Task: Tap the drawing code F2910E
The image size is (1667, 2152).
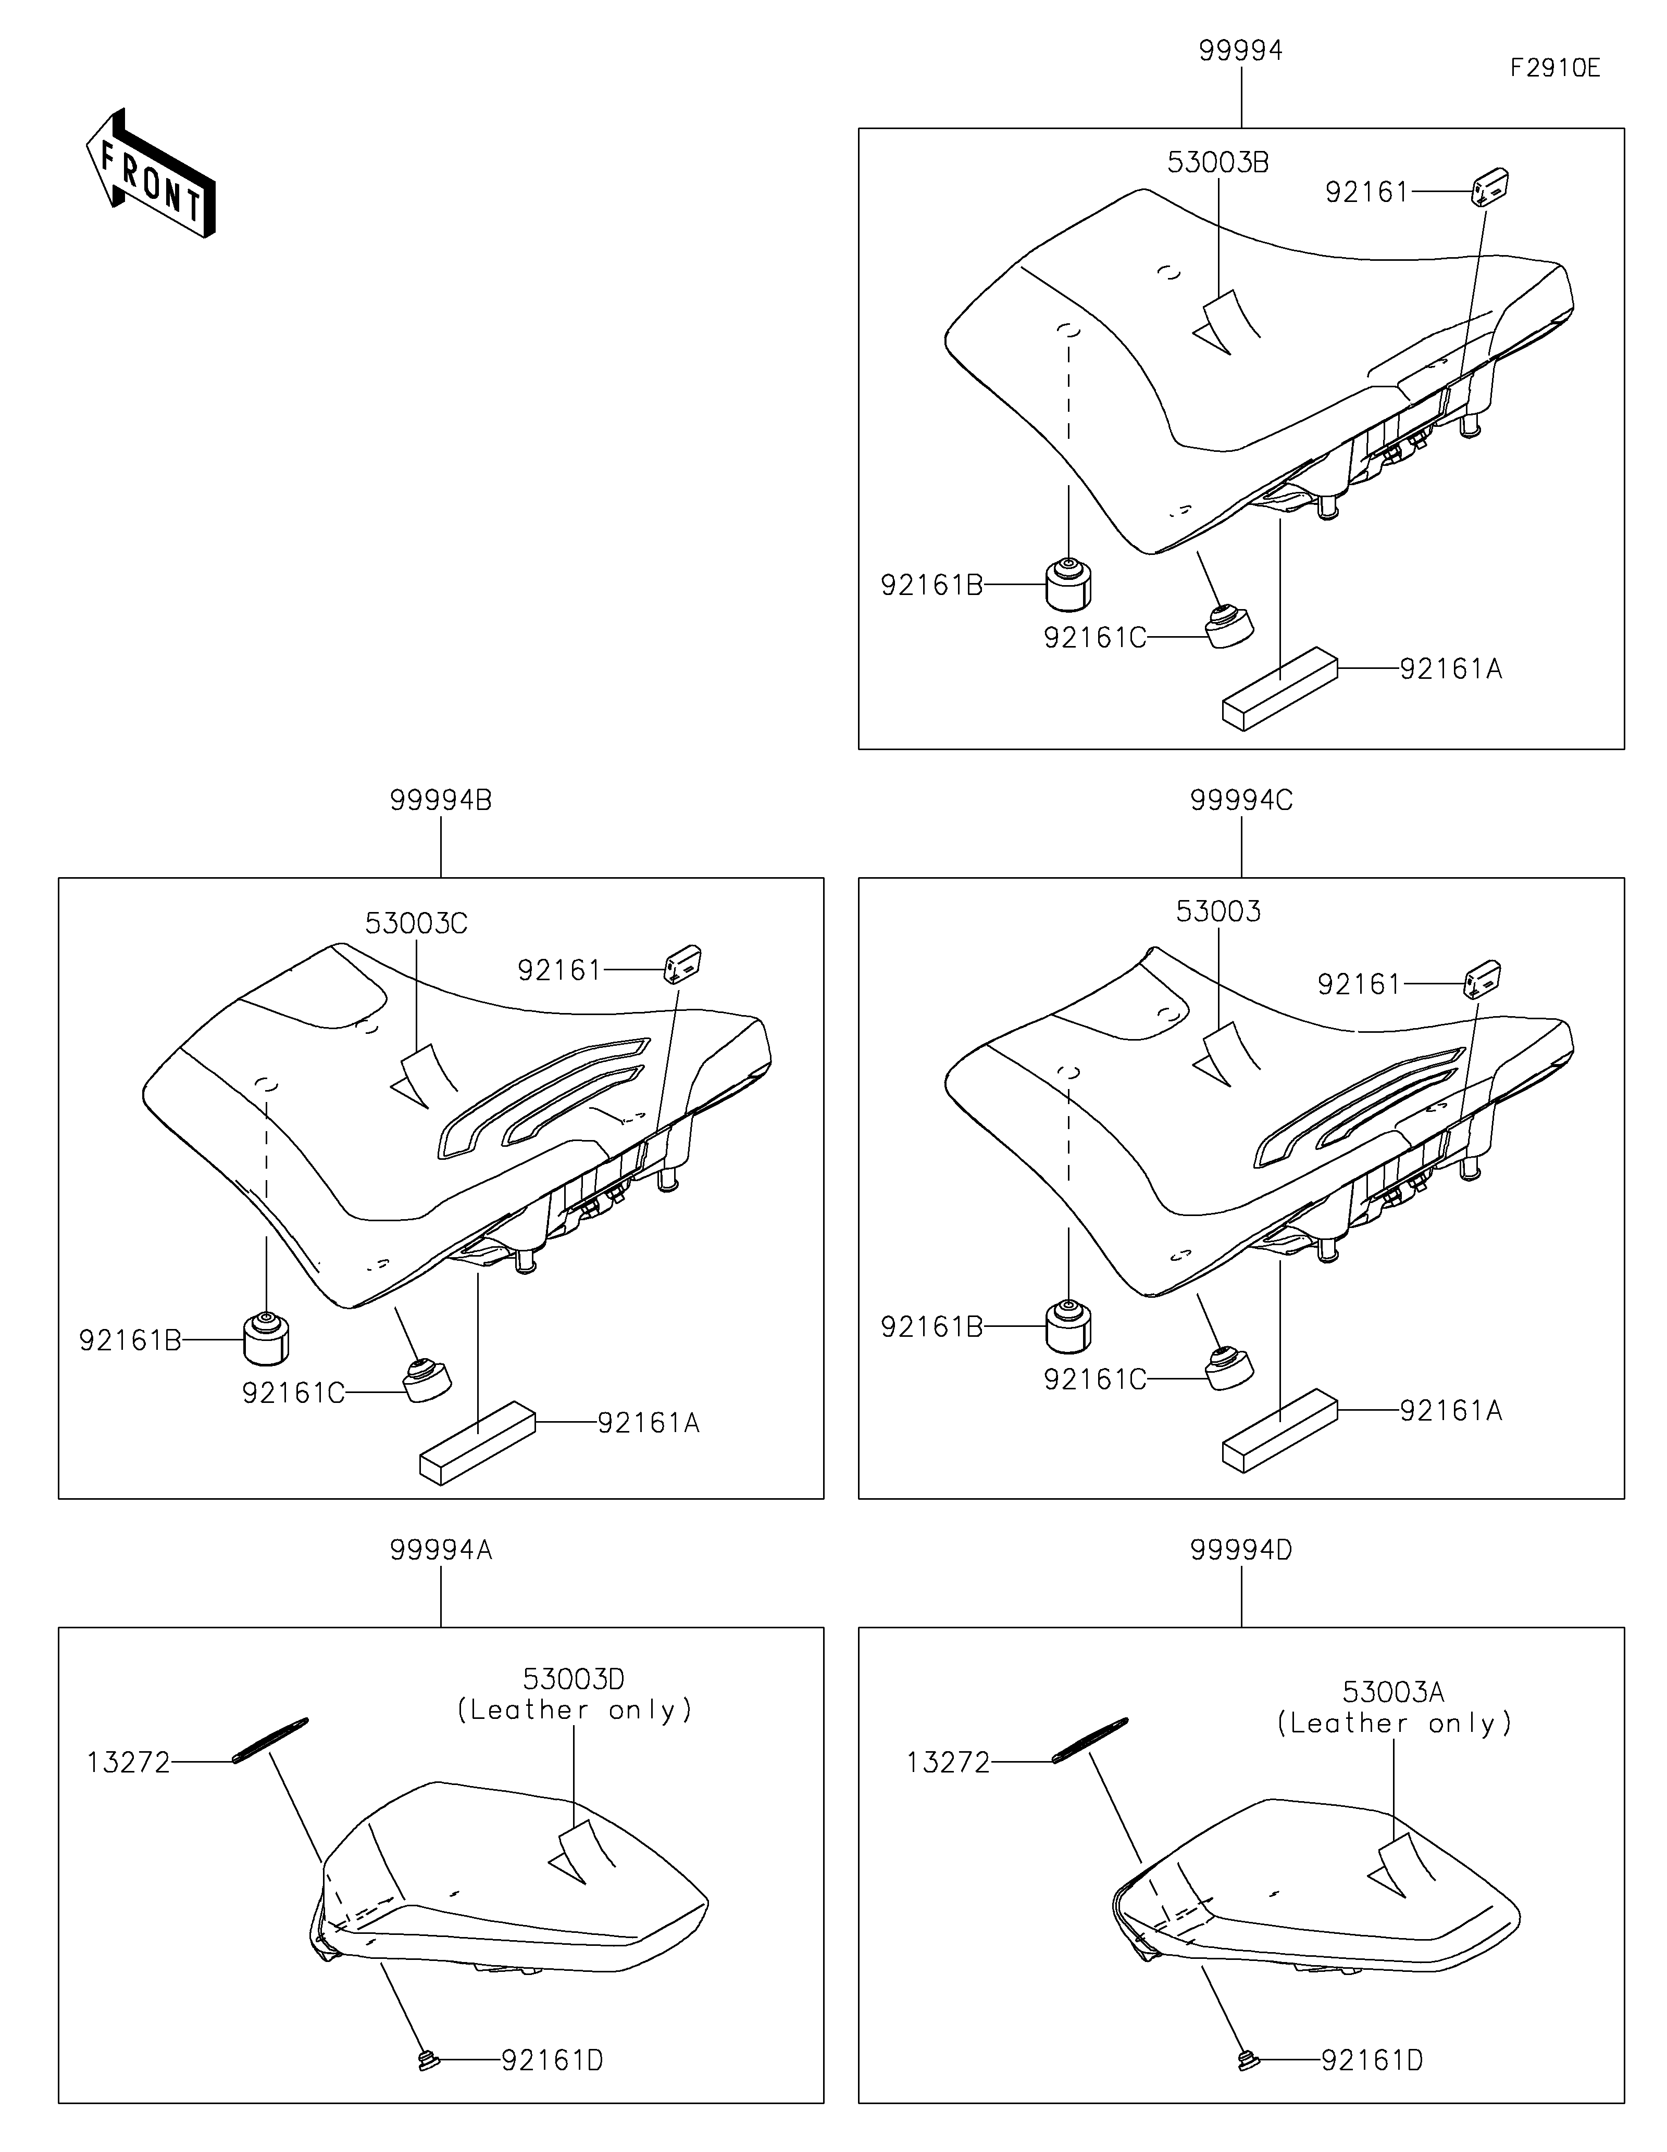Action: tap(1556, 68)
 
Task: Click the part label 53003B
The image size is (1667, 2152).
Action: tap(1218, 162)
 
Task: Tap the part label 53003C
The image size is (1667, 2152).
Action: tap(416, 923)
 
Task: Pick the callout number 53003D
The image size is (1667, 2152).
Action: tap(574, 1678)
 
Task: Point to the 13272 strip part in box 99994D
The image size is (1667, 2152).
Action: tap(1089, 1740)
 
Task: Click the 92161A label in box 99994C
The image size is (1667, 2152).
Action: tap(1451, 1411)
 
